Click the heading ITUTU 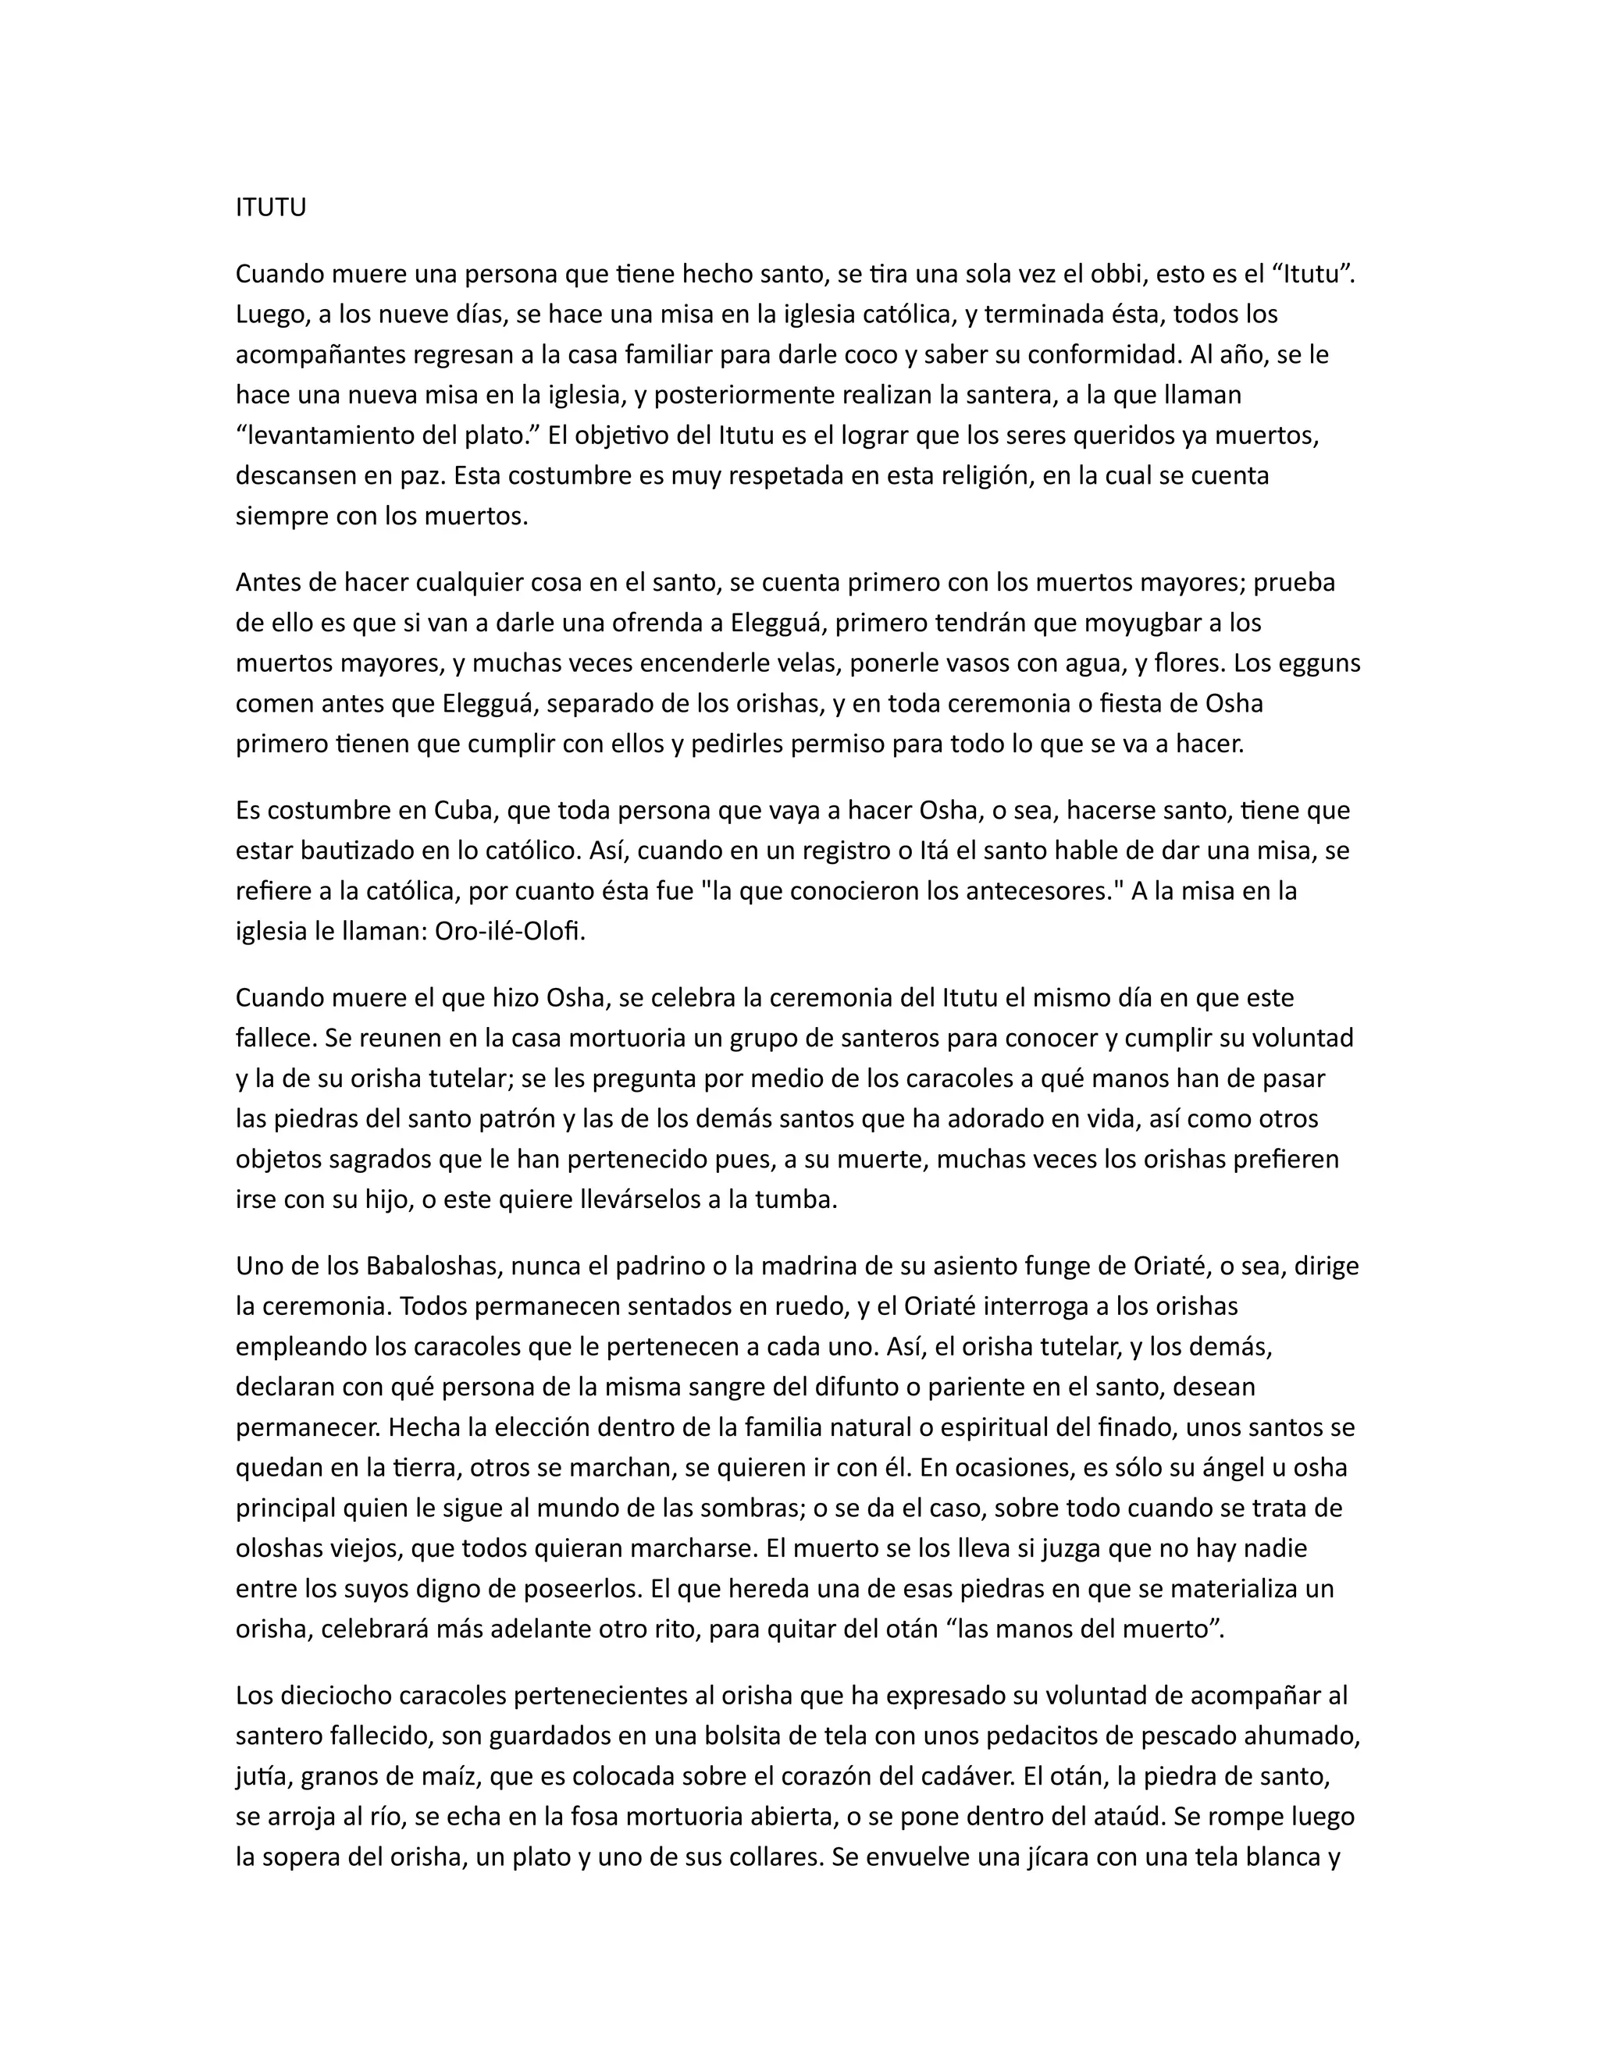[271, 208]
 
